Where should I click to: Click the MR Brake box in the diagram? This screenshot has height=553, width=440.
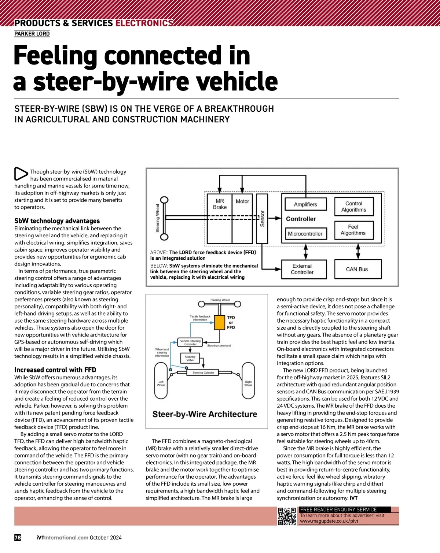click(x=219, y=219)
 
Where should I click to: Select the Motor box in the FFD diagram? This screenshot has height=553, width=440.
click(x=242, y=219)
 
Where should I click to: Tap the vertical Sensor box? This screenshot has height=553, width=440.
click(x=262, y=219)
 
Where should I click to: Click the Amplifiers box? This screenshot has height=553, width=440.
click(x=305, y=204)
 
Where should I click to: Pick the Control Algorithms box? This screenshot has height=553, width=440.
click(x=353, y=207)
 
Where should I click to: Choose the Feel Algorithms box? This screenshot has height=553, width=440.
click(x=353, y=230)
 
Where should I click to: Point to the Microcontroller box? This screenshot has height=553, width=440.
click(x=305, y=234)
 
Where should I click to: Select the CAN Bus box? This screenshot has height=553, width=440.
click(x=358, y=269)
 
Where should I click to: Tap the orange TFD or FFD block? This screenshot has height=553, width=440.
click(x=219, y=322)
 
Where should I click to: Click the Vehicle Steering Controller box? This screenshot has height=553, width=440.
click(x=190, y=342)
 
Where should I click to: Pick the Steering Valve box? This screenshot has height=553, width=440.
click(x=190, y=358)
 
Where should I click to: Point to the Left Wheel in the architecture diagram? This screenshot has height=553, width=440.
click(x=161, y=381)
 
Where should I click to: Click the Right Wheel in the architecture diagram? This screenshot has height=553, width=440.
click(x=248, y=381)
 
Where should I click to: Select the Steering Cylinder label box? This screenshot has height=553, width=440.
click(x=203, y=373)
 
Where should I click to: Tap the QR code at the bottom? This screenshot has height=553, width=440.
click(x=287, y=516)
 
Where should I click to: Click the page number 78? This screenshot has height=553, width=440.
click(x=18, y=538)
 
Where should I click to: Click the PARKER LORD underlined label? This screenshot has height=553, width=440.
click(x=32, y=34)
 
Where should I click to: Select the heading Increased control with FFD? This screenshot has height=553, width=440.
click(x=55, y=370)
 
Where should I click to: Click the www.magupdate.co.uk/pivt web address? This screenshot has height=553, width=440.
click(x=329, y=521)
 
